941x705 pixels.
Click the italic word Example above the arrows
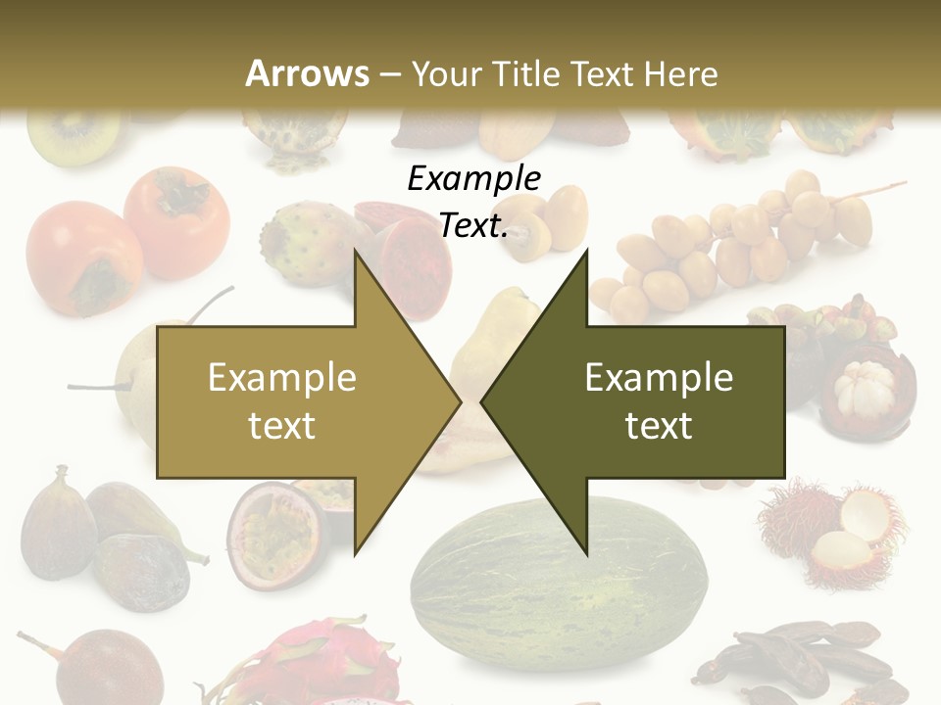coord(473,178)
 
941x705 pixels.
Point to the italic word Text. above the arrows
coord(473,225)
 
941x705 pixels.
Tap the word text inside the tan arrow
coord(281,426)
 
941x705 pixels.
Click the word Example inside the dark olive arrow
coord(659,377)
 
